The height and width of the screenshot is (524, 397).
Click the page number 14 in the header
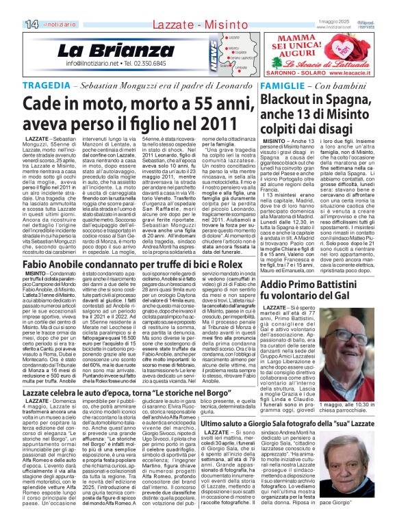pyautogui.click(x=12, y=5)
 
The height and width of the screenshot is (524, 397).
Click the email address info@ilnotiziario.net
pyautogui.click(x=92, y=63)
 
